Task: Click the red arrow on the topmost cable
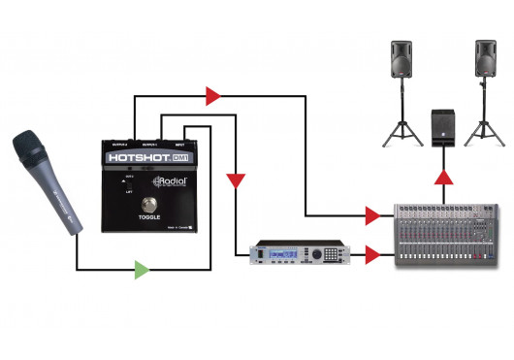(x=212, y=95)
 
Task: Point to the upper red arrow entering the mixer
(x=372, y=213)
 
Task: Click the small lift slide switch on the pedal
(x=123, y=181)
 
